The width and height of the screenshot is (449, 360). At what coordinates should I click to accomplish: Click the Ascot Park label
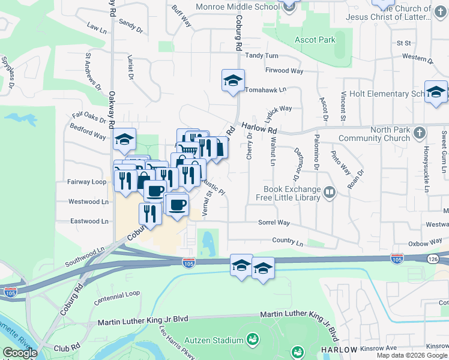tap(315, 40)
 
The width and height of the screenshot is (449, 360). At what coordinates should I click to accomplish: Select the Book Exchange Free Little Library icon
tap(329, 193)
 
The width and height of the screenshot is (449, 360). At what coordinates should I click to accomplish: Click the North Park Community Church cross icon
tap(420, 131)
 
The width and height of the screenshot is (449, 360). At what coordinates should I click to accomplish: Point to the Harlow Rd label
tap(259, 128)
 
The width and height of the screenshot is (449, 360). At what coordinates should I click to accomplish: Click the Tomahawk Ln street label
tap(265, 89)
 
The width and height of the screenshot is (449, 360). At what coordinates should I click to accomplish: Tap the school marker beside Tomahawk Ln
tap(233, 81)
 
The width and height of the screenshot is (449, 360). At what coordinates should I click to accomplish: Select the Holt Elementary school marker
tap(436, 92)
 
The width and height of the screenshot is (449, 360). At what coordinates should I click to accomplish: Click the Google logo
tap(20, 353)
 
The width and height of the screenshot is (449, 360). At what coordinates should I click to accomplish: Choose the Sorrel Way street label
tap(274, 223)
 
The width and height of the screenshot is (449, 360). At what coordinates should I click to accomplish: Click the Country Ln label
tap(288, 242)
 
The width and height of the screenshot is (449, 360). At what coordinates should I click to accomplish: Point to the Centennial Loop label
tap(116, 294)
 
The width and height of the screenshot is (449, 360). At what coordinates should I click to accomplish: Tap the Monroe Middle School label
tap(238, 7)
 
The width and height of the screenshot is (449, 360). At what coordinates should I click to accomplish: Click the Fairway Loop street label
tap(87, 181)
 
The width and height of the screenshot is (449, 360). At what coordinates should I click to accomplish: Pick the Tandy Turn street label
tap(262, 55)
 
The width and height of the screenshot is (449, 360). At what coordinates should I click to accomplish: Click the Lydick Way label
tap(278, 109)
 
